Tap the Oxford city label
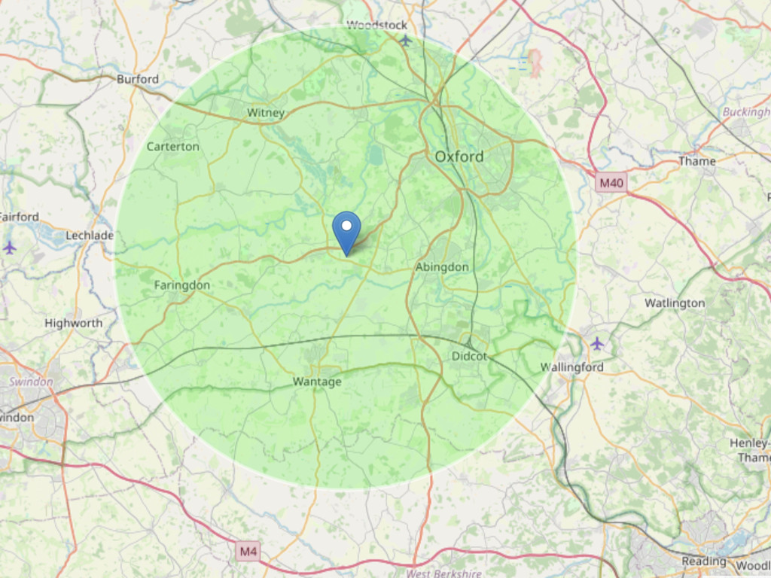click(459, 157)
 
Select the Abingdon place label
click(442, 267)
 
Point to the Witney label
click(266, 113)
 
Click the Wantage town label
click(317, 382)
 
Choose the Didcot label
click(469, 356)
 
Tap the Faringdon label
click(182, 285)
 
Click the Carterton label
click(172, 146)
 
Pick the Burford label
click(138, 79)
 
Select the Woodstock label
click(376, 26)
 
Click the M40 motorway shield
click(611, 182)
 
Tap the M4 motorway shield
click(248, 552)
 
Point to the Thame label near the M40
click(696, 161)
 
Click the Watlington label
click(675, 303)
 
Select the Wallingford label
click(572, 367)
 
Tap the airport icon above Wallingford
click(597, 343)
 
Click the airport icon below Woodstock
click(406, 40)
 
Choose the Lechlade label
click(90, 236)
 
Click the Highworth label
click(73, 323)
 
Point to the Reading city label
click(704, 561)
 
